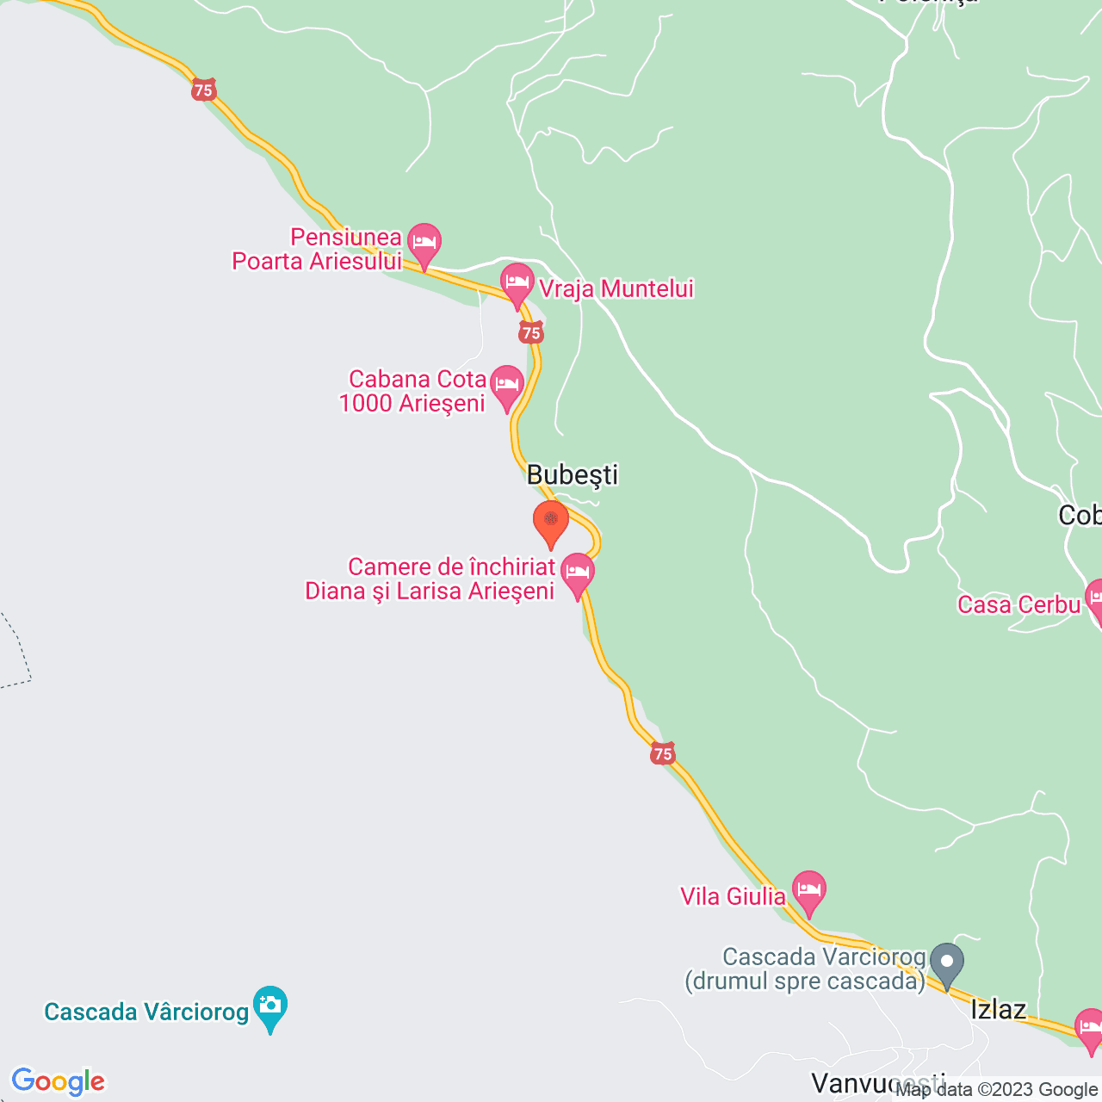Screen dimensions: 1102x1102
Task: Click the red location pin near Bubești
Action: (x=551, y=522)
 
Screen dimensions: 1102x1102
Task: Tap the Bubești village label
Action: (x=573, y=474)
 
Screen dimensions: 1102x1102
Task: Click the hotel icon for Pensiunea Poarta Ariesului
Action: (x=424, y=242)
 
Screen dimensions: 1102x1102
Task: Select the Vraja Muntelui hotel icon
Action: (x=517, y=282)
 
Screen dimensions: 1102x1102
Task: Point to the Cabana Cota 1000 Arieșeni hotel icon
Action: (x=506, y=384)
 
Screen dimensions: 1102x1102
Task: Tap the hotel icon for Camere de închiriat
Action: (x=578, y=573)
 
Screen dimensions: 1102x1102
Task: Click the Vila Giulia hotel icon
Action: (x=808, y=889)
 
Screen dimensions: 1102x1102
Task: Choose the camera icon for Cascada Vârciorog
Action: (x=270, y=1006)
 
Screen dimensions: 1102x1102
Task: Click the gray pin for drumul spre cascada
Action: (x=947, y=963)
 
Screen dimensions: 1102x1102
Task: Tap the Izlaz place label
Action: (x=999, y=1009)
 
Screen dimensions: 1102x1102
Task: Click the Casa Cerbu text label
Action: (x=1018, y=604)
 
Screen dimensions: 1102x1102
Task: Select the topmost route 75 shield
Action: (x=203, y=90)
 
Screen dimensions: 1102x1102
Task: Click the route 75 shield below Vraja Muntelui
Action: (x=531, y=332)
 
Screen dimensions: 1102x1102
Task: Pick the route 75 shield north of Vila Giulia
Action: (x=662, y=754)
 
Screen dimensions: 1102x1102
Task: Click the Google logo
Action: (x=58, y=1081)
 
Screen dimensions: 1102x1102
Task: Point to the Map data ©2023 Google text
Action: (x=996, y=1090)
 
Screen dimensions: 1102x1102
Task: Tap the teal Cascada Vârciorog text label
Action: (x=146, y=1012)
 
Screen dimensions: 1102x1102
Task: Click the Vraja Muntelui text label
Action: (x=616, y=289)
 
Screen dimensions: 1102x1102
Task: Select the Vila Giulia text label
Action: (x=733, y=896)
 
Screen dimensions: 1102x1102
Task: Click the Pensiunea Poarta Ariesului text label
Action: (x=317, y=250)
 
